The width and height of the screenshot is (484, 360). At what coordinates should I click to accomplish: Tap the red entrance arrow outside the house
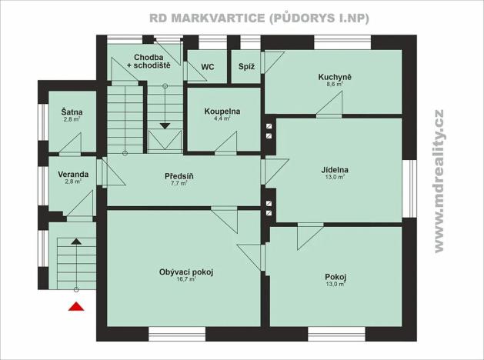[75, 308]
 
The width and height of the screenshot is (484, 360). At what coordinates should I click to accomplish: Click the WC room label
[207, 67]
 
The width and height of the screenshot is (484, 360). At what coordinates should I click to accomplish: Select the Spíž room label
[246, 67]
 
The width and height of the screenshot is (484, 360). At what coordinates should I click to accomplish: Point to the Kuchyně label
[335, 77]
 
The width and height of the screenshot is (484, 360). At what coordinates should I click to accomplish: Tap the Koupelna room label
[222, 112]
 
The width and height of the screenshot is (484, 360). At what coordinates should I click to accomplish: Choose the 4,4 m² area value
[222, 119]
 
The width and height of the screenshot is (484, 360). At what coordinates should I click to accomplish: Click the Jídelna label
[335, 169]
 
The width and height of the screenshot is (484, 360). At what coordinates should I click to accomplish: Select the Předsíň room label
[179, 176]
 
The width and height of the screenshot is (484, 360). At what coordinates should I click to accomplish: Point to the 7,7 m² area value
[179, 184]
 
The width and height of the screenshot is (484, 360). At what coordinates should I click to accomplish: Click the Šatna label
[72, 112]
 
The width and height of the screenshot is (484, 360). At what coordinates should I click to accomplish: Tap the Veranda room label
[73, 174]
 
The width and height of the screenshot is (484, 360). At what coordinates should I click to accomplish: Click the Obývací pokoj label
[185, 272]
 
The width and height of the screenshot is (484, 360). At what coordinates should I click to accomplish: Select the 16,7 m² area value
[185, 280]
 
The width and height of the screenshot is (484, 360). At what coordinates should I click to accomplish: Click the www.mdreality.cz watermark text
[439, 180]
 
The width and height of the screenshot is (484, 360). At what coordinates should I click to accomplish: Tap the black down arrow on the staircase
[165, 125]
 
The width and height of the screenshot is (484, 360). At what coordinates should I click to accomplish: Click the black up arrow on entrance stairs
[75, 242]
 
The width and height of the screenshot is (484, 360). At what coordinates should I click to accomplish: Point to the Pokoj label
[335, 277]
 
